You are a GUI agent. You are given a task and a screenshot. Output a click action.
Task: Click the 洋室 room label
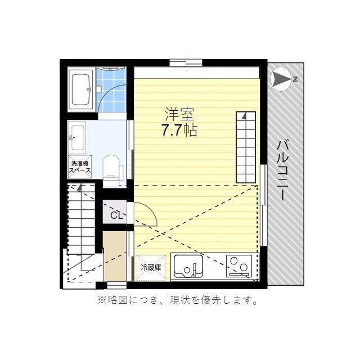[179, 114]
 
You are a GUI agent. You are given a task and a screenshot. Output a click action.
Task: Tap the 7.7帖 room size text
[179, 130]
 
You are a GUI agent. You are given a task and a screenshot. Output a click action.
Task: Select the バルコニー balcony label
[282, 170]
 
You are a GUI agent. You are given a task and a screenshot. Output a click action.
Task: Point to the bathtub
[80, 89]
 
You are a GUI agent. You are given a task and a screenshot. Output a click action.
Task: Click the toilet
[111, 170]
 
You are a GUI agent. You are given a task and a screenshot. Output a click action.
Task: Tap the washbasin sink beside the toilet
[77, 137]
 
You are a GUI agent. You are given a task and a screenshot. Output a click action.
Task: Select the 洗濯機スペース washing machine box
[80, 167]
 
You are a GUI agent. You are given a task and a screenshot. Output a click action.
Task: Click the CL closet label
[116, 215]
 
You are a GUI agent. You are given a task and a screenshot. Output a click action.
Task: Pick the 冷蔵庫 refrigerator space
[151, 268]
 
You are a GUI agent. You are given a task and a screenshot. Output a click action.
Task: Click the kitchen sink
[188, 265]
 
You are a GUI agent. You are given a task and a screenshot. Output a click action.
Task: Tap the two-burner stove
[239, 265]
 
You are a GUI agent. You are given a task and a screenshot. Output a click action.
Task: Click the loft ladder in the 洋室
[246, 147]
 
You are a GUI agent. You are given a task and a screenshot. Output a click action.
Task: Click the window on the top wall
[186, 62]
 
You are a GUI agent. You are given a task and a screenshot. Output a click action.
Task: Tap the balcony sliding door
[264, 205]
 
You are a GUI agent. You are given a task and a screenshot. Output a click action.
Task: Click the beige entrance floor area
[115, 256]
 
